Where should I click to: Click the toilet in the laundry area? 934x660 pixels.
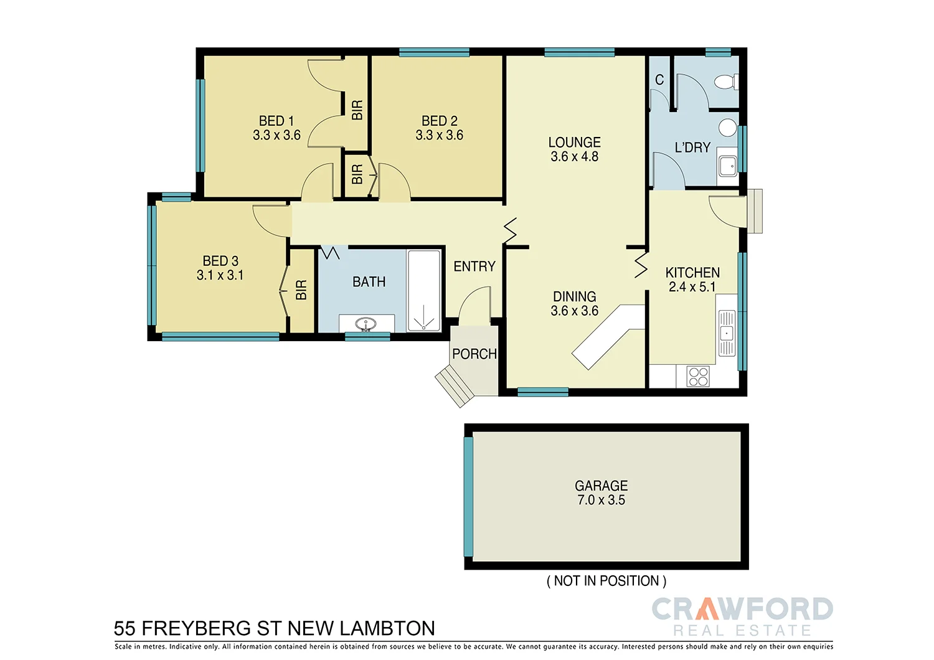click(725, 82)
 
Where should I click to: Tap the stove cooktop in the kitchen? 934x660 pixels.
click(698, 376)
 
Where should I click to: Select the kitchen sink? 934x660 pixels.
click(727, 334)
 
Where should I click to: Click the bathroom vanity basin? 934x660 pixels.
click(366, 324)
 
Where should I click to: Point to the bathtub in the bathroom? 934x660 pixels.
click(423, 290)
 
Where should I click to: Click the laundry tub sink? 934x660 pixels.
click(727, 166)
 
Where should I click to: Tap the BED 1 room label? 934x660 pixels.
click(276, 121)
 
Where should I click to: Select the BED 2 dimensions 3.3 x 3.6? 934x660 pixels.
click(440, 135)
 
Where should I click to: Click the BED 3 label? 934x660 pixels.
click(220, 261)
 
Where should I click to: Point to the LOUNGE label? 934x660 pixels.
click(574, 143)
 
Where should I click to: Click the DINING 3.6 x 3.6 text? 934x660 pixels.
click(574, 304)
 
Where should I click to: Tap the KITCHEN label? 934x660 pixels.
click(692, 273)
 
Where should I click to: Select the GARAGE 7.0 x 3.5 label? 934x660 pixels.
click(601, 493)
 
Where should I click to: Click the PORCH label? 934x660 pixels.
click(474, 354)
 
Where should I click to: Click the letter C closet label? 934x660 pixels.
click(659, 80)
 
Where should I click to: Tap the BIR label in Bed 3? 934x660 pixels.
click(301, 290)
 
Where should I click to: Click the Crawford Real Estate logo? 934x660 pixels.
click(742, 616)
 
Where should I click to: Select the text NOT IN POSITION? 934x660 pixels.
click(606, 581)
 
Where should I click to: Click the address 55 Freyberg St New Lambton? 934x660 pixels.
click(275, 628)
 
